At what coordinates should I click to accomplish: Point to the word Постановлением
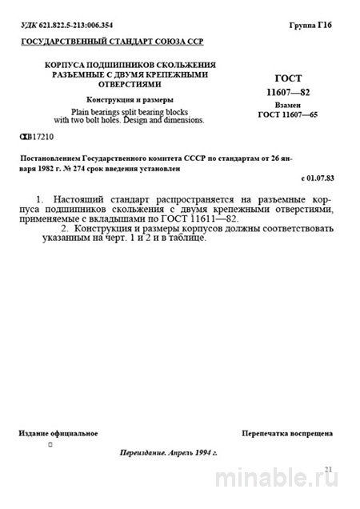click(x=53, y=158)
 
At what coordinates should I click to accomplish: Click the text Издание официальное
click(x=58, y=433)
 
